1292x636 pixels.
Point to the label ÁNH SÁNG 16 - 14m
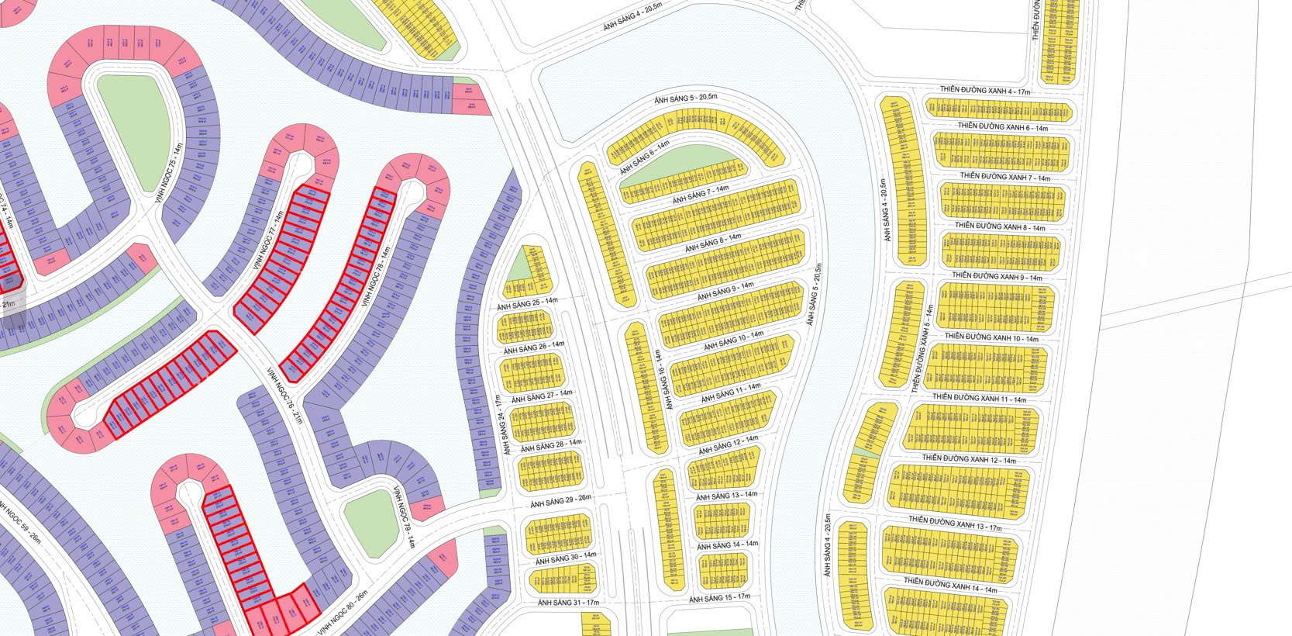tap(660, 380)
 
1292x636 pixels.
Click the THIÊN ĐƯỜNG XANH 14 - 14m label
tap(950, 584)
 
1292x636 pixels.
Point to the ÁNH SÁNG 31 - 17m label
tap(569, 602)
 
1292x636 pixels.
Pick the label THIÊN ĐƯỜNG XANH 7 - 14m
tap(1004, 177)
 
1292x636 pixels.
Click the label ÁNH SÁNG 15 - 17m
tap(720, 598)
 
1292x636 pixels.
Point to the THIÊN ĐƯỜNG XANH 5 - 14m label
tap(923, 347)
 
